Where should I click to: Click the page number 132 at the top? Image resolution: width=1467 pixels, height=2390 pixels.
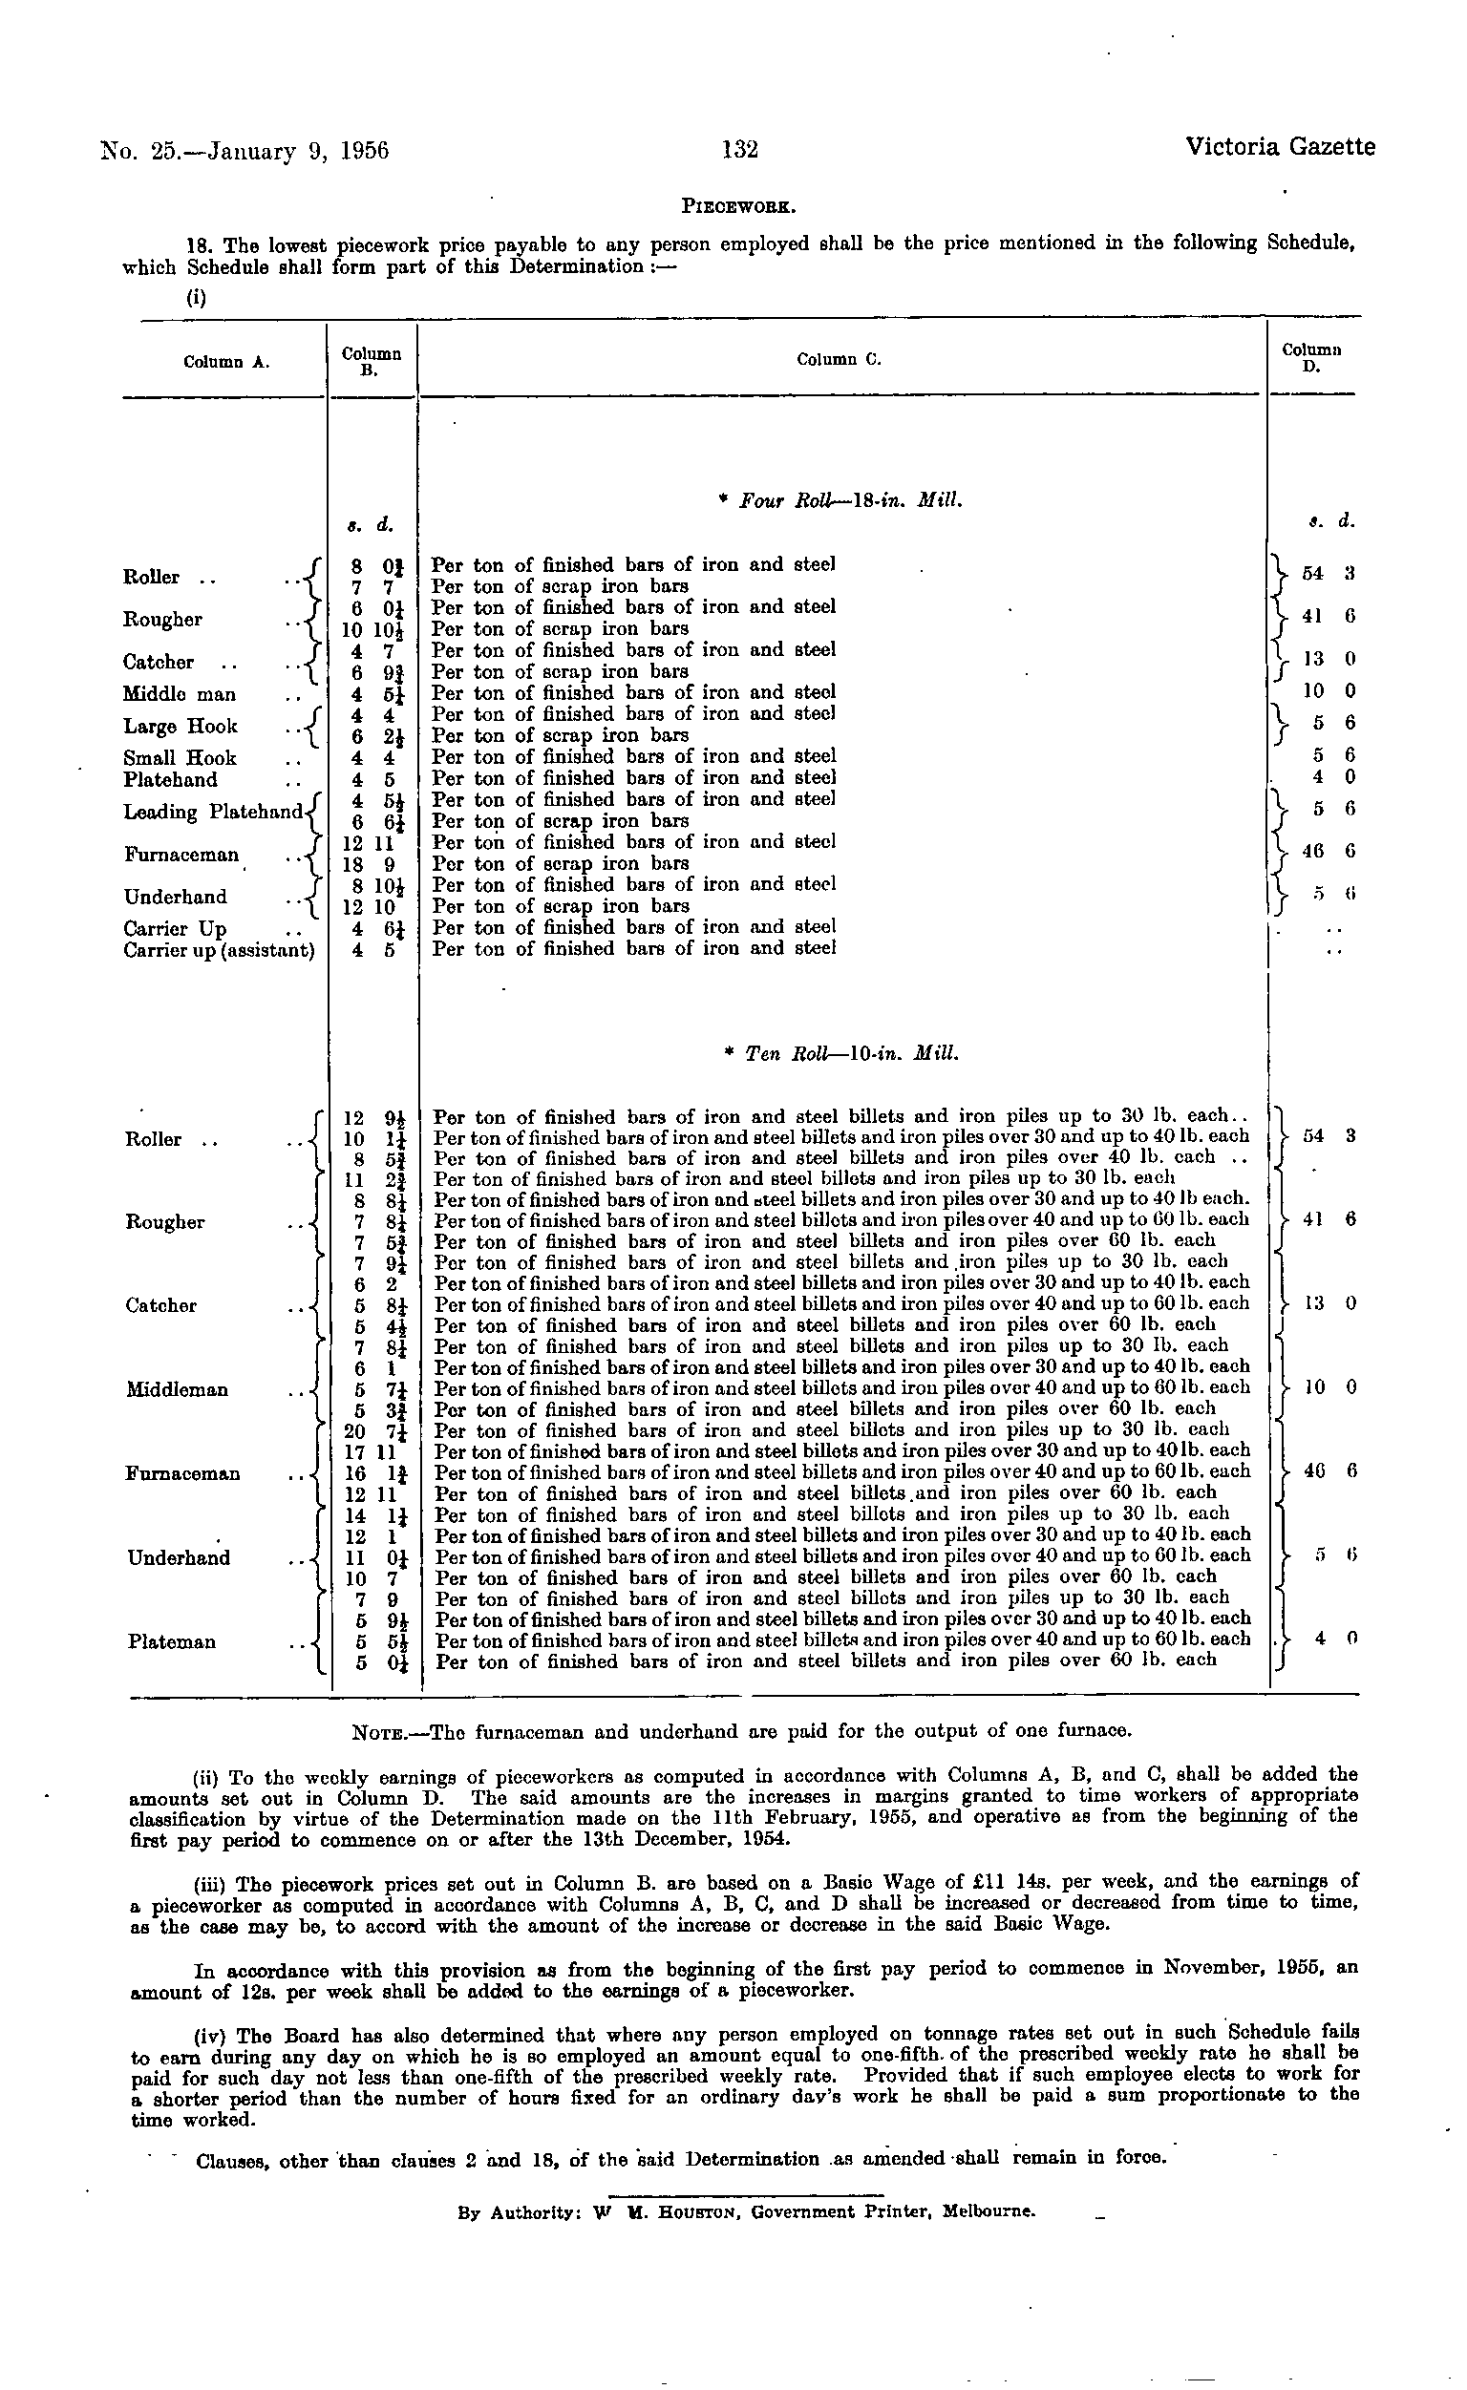(x=739, y=149)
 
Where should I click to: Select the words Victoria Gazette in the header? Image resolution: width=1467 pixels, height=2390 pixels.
(x=1280, y=147)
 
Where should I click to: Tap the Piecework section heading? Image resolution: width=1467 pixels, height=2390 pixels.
(x=739, y=206)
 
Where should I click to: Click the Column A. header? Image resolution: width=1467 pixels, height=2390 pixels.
(x=226, y=363)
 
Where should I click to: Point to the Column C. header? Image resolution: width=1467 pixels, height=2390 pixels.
(x=840, y=360)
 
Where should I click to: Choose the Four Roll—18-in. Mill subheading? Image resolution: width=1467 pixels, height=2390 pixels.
(x=840, y=501)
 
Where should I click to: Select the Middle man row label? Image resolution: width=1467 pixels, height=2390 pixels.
(x=180, y=694)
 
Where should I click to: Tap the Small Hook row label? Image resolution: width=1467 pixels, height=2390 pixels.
(x=180, y=758)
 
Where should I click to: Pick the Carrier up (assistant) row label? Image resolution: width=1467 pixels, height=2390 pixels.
(x=220, y=951)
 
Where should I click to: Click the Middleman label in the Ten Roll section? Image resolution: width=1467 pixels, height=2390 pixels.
(x=178, y=1390)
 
